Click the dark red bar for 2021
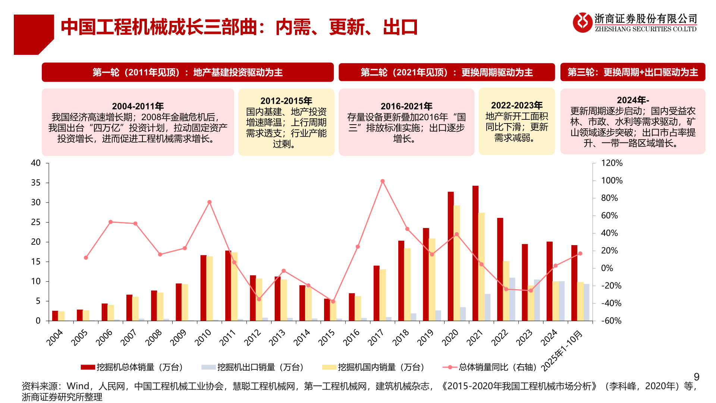click(475, 254)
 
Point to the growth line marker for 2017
click(383, 181)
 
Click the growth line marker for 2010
click(209, 202)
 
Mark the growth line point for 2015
click(333, 302)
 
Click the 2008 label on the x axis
click(153, 337)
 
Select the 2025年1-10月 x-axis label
click(562, 351)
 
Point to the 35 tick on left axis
click(36, 183)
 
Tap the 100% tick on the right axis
click(612, 181)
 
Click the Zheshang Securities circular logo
click(582, 22)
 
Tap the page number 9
click(696, 377)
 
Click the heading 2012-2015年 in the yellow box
click(286, 101)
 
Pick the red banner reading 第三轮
click(632, 72)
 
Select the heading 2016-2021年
click(406, 106)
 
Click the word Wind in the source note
click(78, 386)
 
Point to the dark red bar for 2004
click(55, 316)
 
